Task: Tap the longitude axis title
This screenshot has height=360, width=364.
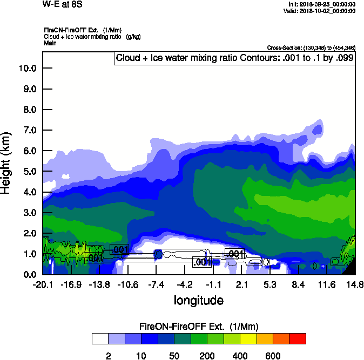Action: pos(198,300)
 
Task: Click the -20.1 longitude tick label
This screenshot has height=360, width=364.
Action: pos(42,284)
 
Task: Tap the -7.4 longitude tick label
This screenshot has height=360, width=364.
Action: pos(156,284)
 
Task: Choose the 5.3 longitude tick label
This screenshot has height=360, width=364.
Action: pos(270,284)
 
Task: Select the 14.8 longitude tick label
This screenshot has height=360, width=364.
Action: pos(355,284)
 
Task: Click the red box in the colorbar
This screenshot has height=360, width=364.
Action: pos(298,339)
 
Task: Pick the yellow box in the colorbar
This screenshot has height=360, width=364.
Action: pos(248,339)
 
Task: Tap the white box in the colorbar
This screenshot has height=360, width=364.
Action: pos(100,339)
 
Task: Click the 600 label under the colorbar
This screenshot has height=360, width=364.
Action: pos(273,356)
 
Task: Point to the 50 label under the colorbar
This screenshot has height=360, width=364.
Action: pos(174,356)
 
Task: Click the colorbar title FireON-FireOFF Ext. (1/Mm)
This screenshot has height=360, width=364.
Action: pos(199,327)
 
